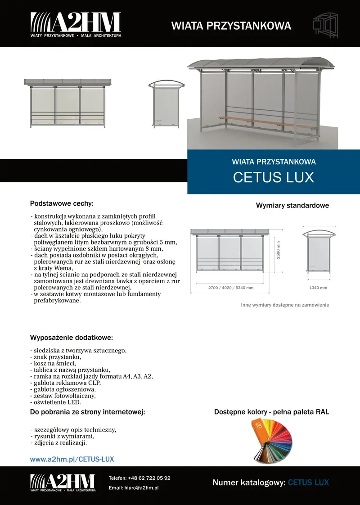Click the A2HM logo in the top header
76,24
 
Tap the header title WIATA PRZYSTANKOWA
231,26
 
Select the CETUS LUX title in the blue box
273,177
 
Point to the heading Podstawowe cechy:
62,203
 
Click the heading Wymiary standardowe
292,206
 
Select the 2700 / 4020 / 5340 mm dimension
230,288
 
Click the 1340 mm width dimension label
318,288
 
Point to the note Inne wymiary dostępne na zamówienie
285,305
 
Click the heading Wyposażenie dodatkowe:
71,338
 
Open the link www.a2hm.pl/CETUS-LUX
72,459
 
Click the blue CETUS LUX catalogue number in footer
308,483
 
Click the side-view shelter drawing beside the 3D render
166,104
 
